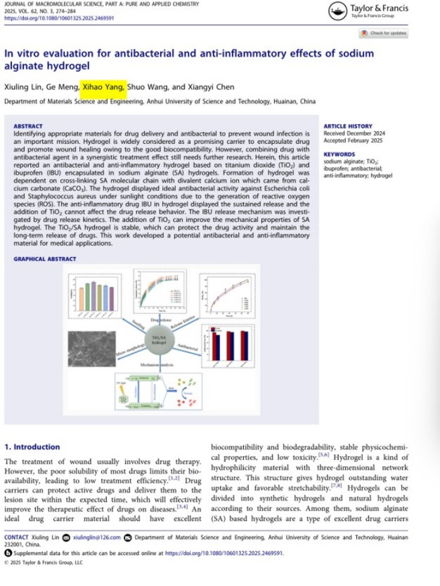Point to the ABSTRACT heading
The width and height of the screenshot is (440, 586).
28,126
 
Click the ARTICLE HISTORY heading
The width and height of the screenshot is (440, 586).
348,126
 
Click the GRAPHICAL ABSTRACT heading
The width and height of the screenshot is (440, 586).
45,259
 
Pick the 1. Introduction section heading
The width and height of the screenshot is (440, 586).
32,447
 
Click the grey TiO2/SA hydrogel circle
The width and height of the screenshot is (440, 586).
160,339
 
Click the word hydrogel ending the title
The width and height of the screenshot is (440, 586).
69,65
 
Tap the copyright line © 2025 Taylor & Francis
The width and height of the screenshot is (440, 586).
43,563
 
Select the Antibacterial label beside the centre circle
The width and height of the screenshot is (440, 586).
188,345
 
